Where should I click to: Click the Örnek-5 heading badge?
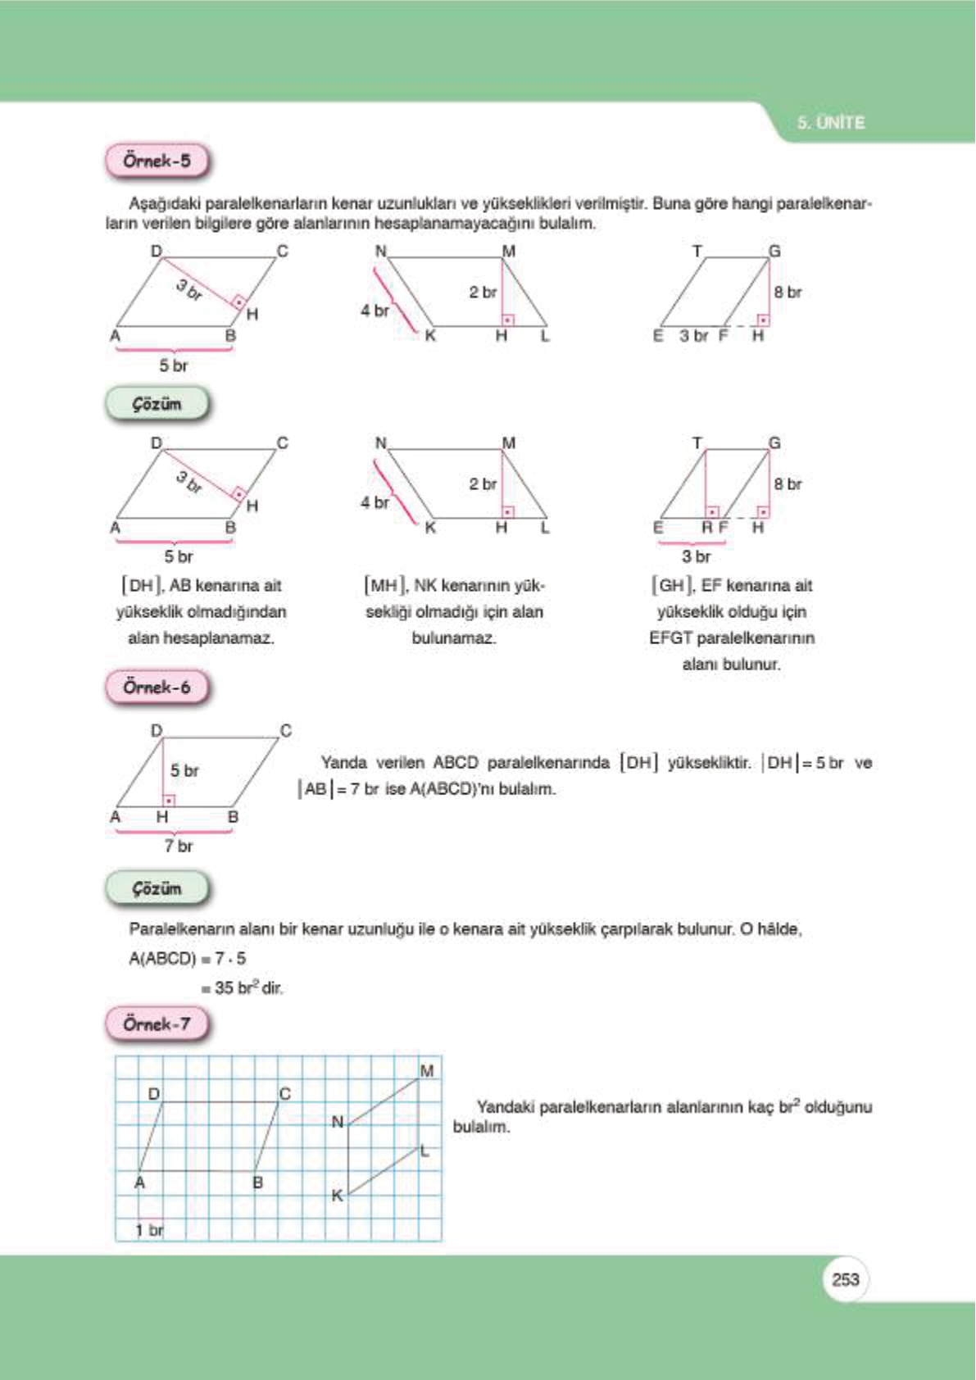(157, 161)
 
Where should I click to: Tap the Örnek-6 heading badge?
(157, 688)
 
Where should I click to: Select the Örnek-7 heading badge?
(157, 1024)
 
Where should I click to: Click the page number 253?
(845, 1279)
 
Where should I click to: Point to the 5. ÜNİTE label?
(831, 123)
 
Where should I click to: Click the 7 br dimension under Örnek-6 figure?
(178, 847)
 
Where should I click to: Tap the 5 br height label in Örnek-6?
(184, 771)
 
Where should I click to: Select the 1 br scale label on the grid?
(149, 1230)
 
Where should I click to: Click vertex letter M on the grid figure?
(426, 1071)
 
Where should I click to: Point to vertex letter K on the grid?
(337, 1196)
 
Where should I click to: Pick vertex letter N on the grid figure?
(337, 1122)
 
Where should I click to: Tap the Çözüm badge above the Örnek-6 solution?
(157, 888)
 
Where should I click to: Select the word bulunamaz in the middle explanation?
(453, 638)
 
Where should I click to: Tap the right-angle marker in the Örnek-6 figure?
(169, 800)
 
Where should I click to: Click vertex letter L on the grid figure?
(424, 1151)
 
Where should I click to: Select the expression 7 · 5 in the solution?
(230, 959)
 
